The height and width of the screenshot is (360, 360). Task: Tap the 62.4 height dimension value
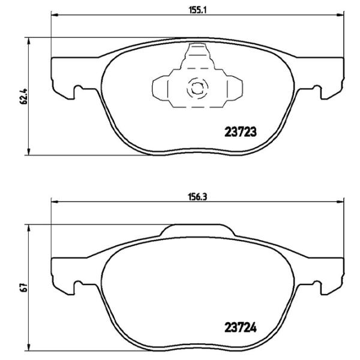(x=24, y=95)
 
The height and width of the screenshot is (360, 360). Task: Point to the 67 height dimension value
(x=24, y=287)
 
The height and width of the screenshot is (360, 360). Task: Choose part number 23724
(x=240, y=328)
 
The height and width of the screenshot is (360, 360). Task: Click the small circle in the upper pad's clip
(x=197, y=88)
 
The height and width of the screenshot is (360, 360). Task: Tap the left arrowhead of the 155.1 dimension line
(x=54, y=17)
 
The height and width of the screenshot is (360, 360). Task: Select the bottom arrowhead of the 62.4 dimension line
(x=29, y=151)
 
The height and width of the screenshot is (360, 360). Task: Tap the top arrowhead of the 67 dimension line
(x=29, y=227)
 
